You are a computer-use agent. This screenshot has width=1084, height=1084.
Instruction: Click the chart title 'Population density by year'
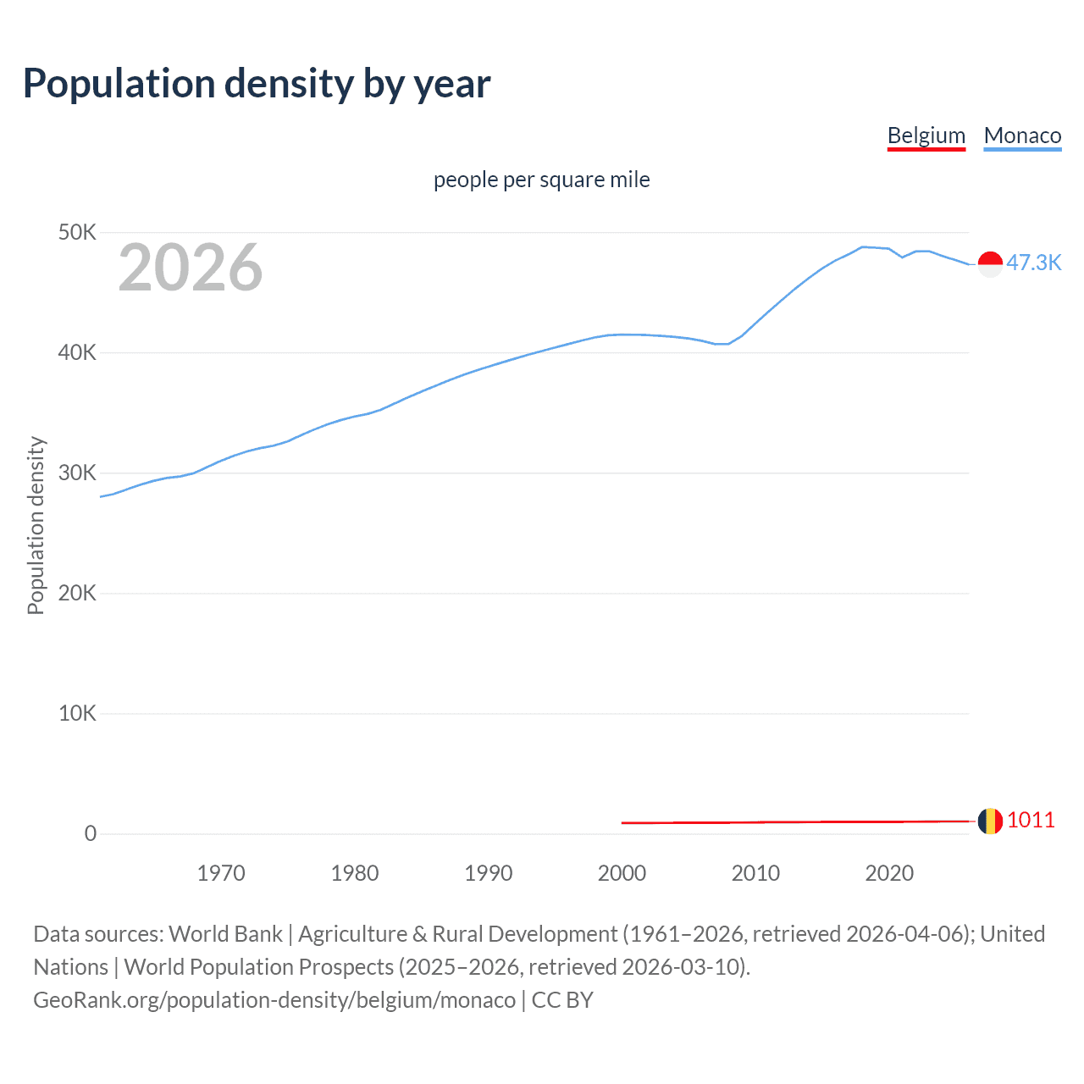tap(257, 84)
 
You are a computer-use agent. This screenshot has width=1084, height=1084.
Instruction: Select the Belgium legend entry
tap(926, 135)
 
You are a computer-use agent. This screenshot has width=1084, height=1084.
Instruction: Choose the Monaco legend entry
tap(1022, 135)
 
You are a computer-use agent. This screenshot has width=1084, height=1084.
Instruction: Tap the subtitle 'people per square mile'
tap(541, 180)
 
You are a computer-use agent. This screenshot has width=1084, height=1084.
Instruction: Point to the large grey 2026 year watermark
tap(191, 268)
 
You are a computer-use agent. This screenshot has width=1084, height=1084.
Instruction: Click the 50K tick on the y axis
tap(77, 232)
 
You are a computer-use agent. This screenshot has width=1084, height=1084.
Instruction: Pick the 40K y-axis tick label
tap(77, 352)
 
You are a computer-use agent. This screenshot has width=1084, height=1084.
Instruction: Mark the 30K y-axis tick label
tap(77, 473)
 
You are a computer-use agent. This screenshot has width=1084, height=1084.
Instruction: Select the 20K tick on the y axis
tap(77, 593)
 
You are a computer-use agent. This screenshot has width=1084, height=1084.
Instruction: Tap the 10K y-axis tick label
tap(77, 713)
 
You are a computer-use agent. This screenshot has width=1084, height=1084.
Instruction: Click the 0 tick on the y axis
tap(90, 833)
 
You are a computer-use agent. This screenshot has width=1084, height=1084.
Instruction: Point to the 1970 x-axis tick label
tap(221, 873)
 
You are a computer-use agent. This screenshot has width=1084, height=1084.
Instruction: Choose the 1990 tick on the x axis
tap(489, 873)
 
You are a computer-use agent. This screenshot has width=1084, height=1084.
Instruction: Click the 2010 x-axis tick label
tap(755, 873)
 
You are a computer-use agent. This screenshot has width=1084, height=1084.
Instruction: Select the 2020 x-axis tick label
tap(889, 873)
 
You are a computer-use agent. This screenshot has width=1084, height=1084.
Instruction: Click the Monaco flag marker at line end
tap(990, 264)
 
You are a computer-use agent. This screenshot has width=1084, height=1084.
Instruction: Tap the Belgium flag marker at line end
tap(990, 821)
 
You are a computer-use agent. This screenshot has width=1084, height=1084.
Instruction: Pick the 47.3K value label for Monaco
tap(1033, 263)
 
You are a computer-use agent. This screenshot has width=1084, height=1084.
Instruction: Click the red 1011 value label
tap(1031, 820)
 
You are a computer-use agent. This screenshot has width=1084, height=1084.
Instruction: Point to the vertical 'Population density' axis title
tap(36, 525)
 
